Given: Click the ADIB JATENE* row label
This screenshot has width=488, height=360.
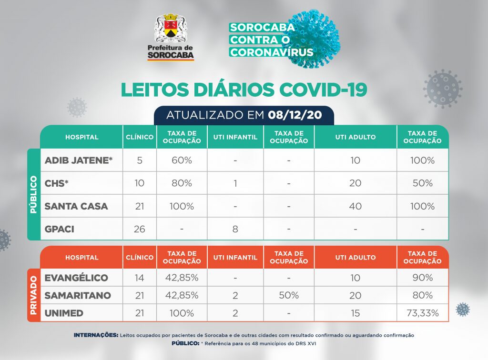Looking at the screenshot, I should pyautogui.click(x=79, y=160).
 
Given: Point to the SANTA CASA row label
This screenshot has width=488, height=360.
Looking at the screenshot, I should pyautogui.click(x=76, y=206).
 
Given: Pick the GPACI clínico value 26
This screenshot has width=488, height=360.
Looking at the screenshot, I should pyautogui.click(x=140, y=229).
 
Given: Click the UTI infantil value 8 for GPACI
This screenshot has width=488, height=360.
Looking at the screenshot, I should pyautogui.click(x=235, y=229).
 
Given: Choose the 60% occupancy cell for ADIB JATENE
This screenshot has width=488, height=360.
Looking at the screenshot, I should pyautogui.click(x=182, y=160).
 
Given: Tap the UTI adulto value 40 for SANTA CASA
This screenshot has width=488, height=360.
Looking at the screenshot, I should pyautogui.click(x=355, y=206).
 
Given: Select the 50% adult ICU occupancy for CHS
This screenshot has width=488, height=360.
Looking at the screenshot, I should pyautogui.click(x=422, y=183).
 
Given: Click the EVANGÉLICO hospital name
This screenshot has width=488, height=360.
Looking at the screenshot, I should pyautogui.click(x=76, y=278).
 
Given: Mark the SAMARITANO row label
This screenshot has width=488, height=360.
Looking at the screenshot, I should pyautogui.click(x=78, y=296).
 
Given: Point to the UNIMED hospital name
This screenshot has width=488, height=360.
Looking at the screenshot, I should pyautogui.click(x=64, y=313).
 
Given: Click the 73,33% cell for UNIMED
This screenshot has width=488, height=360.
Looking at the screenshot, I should pyautogui.click(x=422, y=313).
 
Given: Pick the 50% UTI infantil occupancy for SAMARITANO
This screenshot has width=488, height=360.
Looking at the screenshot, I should pyautogui.click(x=289, y=296).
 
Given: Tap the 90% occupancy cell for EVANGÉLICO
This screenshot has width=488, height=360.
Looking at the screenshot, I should pyautogui.click(x=422, y=278).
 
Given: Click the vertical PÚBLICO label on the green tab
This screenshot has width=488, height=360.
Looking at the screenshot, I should pyautogui.click(x=33, y=194).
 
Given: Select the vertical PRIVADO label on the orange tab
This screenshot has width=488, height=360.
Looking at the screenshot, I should pyautogui.click(x=33, y=295).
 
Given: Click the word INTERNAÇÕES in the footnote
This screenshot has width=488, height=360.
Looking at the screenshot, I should pyautogui.click(x=96, y=335).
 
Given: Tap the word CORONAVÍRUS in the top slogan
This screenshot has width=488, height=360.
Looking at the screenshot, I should pyautogui.click(x=272, y=52).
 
